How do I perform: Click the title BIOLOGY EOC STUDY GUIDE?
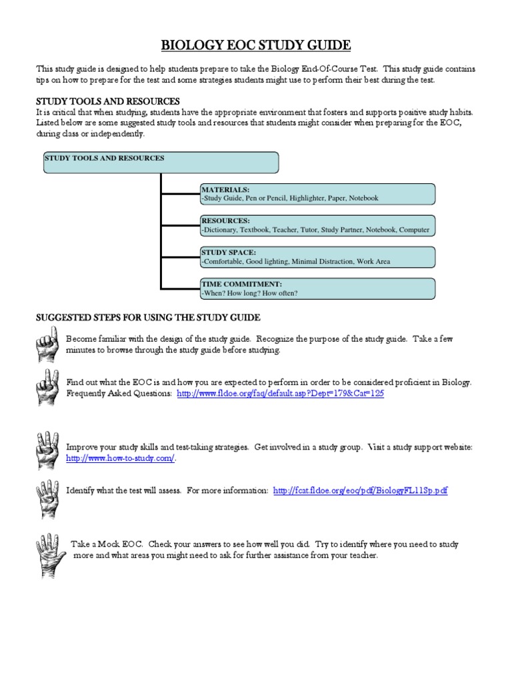[256, 45]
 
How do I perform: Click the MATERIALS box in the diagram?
[317, 194]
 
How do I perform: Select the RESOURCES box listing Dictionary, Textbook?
[317, 225]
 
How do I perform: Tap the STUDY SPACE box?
[317, 257]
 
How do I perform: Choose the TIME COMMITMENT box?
[317, 288]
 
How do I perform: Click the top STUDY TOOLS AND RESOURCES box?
[161, 163]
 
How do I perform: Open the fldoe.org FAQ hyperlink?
[280, 394]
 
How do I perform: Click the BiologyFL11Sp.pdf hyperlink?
[360, 491]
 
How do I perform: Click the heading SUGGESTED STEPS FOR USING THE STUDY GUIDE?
[147, 318]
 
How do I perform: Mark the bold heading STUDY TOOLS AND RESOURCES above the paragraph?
[107, 101]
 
